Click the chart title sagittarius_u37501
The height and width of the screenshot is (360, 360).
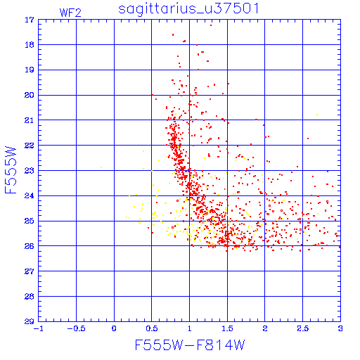pos(188,8)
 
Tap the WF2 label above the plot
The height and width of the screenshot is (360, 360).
pos(70,13)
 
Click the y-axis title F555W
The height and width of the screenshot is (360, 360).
pos(11,170)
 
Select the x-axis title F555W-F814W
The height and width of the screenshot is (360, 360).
pos(190,345)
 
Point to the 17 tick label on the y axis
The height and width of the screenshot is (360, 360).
pos(30,20)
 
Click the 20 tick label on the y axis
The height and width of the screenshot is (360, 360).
pos(30,95)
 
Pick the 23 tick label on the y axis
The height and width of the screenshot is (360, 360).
pos(30,171)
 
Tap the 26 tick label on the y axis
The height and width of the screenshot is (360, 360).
pos(30,246)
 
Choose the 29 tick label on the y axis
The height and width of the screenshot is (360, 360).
pos(30,321)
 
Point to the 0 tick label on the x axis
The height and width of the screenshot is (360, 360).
pos(114,328)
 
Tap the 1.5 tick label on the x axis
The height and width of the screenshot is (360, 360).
pos(227,328)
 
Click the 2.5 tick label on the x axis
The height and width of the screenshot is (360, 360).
pos(303,328)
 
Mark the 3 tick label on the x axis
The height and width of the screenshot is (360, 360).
pos(340,328)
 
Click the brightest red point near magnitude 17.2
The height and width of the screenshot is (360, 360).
pos(211,25)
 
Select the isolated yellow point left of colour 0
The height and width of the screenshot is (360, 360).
pos(101,167)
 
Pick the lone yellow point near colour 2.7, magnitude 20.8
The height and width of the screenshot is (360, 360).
pos(317,115)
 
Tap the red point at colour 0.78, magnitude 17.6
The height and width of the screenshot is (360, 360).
pos(173,34)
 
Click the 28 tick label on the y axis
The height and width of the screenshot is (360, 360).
pos(30,297)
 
